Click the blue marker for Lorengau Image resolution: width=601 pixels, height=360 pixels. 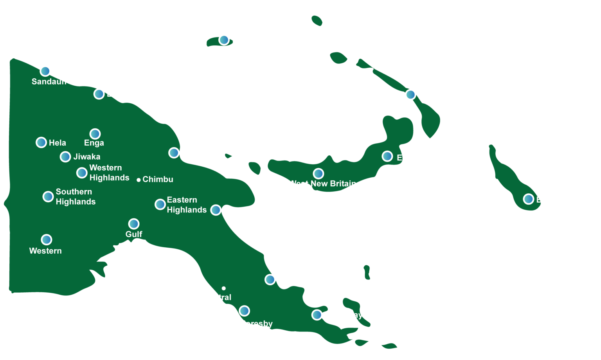224,40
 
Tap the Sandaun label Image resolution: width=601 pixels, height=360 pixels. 49,82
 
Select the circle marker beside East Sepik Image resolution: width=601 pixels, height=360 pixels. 99,94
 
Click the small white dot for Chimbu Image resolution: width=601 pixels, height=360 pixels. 139,180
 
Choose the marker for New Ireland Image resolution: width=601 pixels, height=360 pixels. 410,95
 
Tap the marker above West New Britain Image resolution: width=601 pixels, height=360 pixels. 318,173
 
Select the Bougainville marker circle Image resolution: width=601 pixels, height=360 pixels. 529,199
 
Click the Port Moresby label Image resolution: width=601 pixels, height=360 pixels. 246,324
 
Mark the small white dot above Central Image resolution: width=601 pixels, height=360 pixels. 223,288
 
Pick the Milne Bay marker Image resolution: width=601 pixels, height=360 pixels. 317,315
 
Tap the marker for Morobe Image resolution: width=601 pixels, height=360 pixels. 216,210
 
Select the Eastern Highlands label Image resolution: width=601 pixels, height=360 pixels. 187,205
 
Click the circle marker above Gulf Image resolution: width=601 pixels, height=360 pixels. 134,224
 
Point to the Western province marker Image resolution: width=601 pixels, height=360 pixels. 47,239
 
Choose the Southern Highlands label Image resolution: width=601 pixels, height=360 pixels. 75,196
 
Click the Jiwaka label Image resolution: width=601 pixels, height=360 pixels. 87,157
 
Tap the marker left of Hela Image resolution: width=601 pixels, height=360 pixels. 41,142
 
